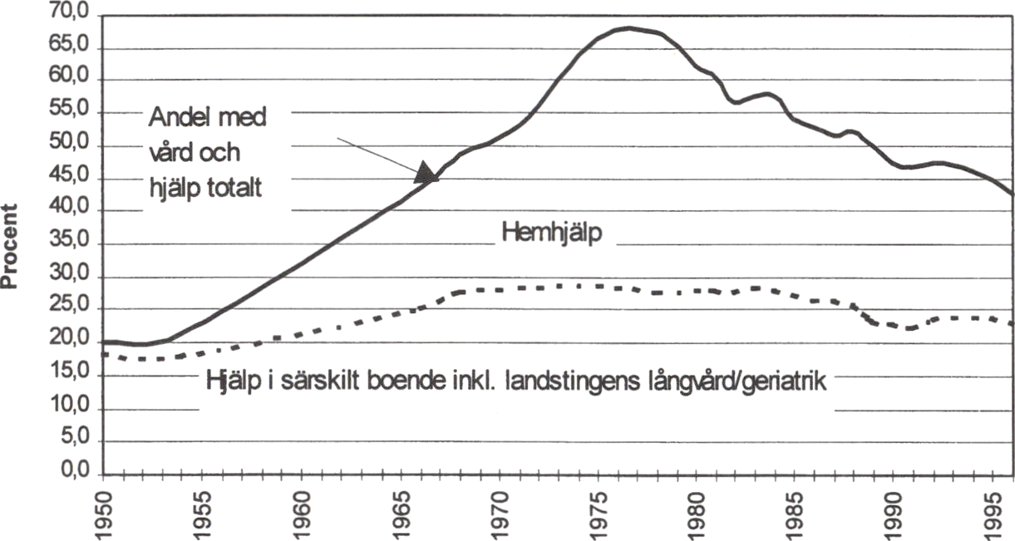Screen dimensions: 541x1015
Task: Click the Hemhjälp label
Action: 551,234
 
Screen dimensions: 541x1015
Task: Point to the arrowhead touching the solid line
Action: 426,173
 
